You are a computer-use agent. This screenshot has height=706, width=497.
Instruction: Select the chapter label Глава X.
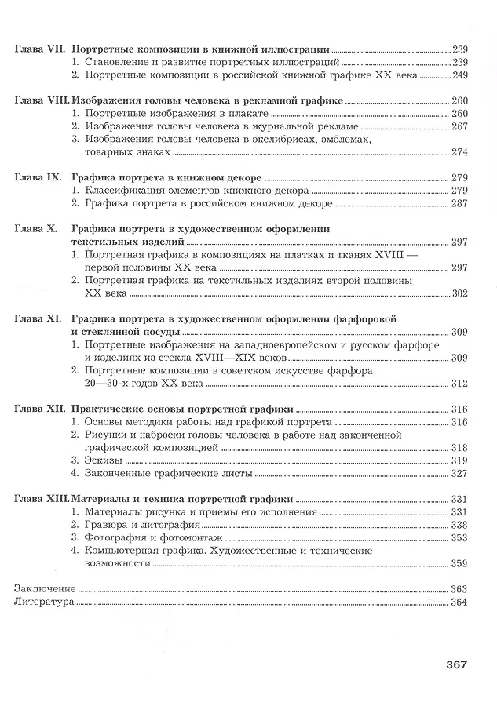[x=35, y=228]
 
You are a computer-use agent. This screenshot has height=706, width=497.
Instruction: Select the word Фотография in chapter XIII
[x=115, y=537]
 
